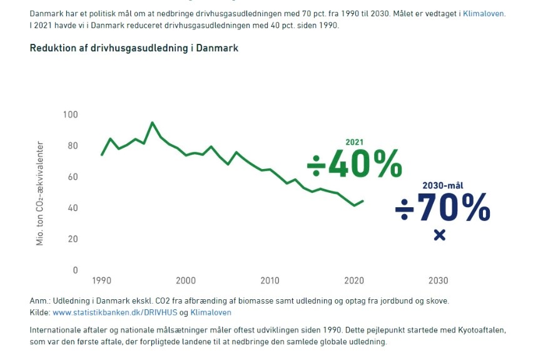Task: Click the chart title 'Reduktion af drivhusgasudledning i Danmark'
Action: click(x=134, y=48)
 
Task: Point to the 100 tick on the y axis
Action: click(x=71, y=115)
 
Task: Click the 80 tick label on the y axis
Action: click(x=73, y=146)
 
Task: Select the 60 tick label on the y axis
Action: click(x=73, y=177)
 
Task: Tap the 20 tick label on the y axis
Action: click(x=73, y=239)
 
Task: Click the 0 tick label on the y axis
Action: click(x=75, y=270)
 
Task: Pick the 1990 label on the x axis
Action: click(x=101, y=280)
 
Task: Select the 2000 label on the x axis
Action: click(x=186, y=280)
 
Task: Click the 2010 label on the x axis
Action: click(x=270, y=280)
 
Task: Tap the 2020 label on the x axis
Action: click(x=354, y=280)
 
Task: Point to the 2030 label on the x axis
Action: click(x=439, y=280)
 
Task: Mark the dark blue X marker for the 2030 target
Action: click(x=439, y=235)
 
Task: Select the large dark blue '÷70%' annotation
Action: click(x=442, y=208)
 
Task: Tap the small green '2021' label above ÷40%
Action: click(x=354, y=143)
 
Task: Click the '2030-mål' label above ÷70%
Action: click(x=442, y=186)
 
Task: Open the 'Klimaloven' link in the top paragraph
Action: click(x=484, y=12)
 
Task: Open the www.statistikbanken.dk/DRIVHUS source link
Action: click(x=116, y=312)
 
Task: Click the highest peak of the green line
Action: click(x=152, y=123)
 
